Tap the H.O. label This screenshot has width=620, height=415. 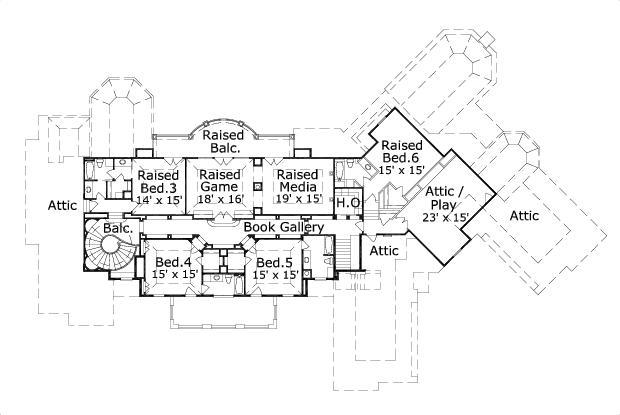348,204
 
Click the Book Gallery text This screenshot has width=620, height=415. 285,228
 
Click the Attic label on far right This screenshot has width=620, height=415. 524,215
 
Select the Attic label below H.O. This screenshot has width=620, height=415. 383,250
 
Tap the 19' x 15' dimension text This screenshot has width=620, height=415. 298,200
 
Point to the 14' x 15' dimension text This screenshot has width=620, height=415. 157,200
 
